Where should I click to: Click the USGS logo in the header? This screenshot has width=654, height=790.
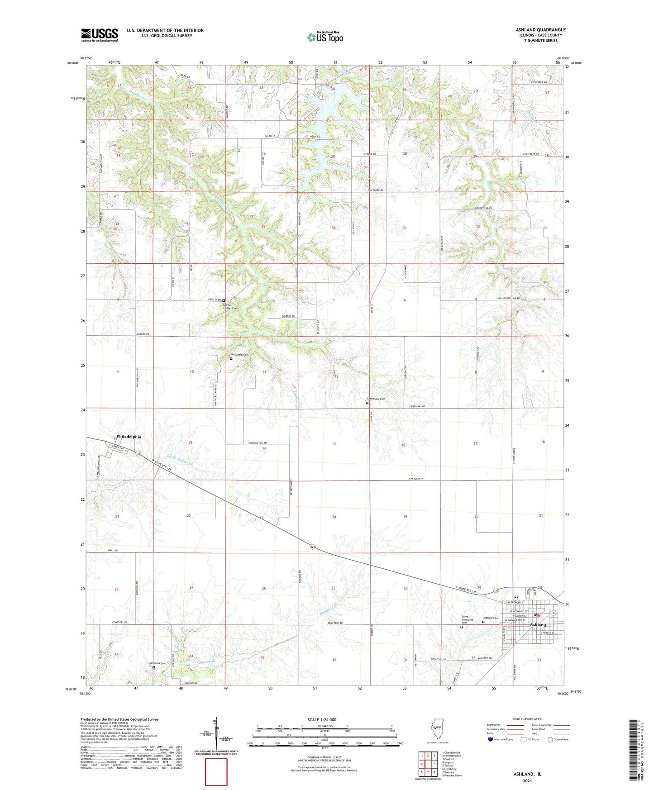(x=100, y=35)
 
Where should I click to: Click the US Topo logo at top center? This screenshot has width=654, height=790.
(x=325, y=37)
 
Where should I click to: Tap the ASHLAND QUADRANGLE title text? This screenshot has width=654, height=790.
(x=540, y=30)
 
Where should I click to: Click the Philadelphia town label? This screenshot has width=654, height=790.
(x=129, y=437)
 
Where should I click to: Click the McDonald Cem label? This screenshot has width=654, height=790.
(x=240, y=355)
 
